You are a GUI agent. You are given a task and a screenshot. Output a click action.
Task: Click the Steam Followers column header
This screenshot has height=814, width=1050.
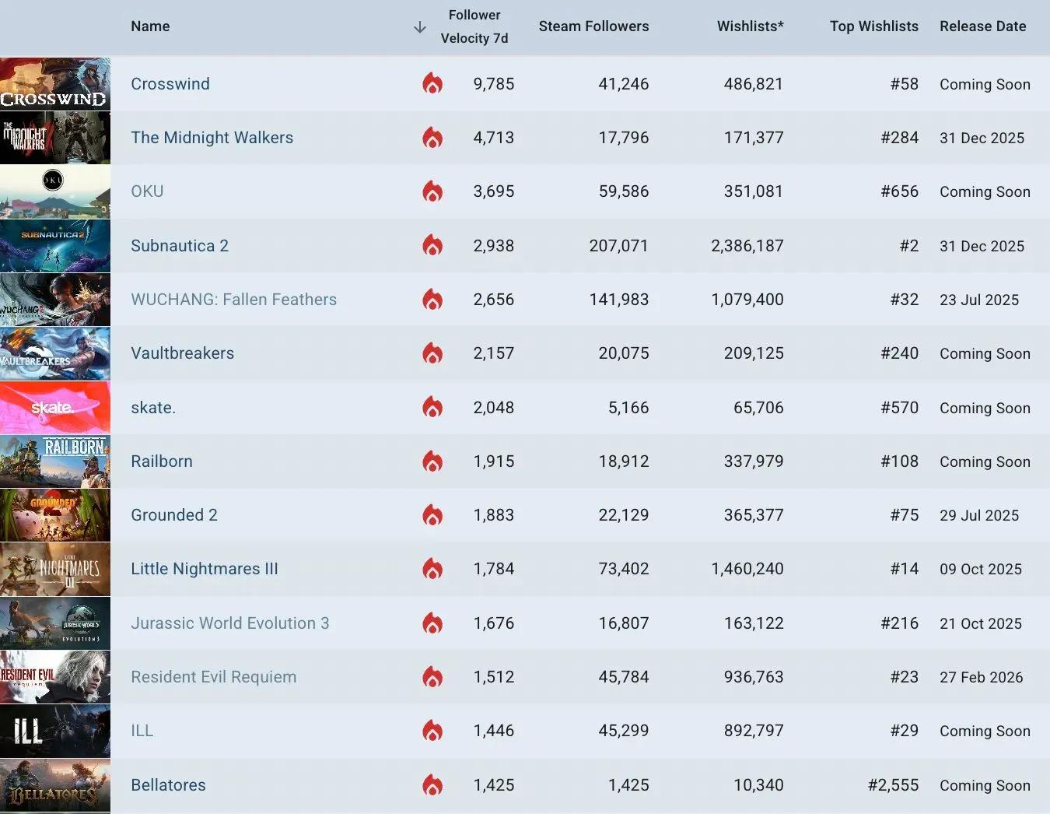point(593,26)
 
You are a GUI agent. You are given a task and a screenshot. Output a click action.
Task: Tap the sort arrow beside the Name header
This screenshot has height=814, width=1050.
point(420,28)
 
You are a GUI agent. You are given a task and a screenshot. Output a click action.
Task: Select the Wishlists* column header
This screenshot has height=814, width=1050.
point(750,26)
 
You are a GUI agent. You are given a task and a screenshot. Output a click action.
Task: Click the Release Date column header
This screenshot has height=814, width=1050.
point(982,26)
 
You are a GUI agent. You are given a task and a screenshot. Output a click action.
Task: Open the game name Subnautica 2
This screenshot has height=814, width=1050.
point(180,246)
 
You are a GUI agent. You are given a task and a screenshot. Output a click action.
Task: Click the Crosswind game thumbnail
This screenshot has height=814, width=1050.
point(55,84)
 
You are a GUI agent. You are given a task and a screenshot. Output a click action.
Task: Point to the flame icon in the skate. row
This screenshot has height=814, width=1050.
point(432,407)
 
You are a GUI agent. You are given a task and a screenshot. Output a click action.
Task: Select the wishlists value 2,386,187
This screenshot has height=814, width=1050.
point(747,246)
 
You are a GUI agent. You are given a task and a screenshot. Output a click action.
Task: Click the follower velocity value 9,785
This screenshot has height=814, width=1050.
point(493,84)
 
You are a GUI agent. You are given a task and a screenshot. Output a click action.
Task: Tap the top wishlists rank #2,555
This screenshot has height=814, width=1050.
point(893,785)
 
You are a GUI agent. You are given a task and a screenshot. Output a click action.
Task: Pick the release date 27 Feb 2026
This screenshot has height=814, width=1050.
point(981,677)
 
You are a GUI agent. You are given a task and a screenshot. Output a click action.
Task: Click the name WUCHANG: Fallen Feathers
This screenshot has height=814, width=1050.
point(233,300)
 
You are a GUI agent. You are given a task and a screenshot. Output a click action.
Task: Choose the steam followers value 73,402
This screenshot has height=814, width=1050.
point(623,569)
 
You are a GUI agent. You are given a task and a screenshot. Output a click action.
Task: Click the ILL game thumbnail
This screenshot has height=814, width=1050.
point(55,731)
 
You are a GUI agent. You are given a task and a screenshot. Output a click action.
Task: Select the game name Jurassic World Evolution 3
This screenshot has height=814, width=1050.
point(229,623)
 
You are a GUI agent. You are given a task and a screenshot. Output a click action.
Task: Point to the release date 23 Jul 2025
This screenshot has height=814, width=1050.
point(978,300)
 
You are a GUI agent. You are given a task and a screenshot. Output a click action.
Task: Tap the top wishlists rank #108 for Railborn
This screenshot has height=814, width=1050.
point(899,461)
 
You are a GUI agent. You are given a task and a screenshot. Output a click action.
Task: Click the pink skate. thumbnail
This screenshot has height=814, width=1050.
point(55,407)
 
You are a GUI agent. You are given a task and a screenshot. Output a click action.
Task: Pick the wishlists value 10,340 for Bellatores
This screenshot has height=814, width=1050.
point(758,785)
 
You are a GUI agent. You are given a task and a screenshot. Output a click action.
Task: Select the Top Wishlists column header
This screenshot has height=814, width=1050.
point(873,26)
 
